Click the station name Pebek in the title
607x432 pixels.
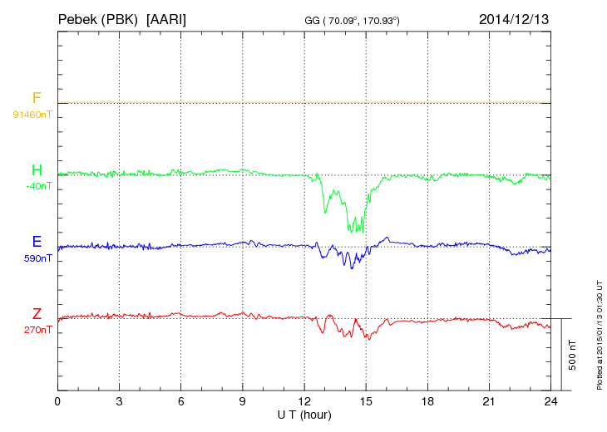coord(78,18)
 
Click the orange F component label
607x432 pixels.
coord(37,99)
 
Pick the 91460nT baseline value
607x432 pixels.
coord(32,114)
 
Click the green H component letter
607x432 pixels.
coord(37,171)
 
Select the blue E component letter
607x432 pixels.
coord(37,243)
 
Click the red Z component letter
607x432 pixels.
coord(37,314)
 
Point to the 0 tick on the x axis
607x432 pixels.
coord(57,402)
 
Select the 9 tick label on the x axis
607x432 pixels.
coord(242,402)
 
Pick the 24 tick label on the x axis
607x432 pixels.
coord(550,402)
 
